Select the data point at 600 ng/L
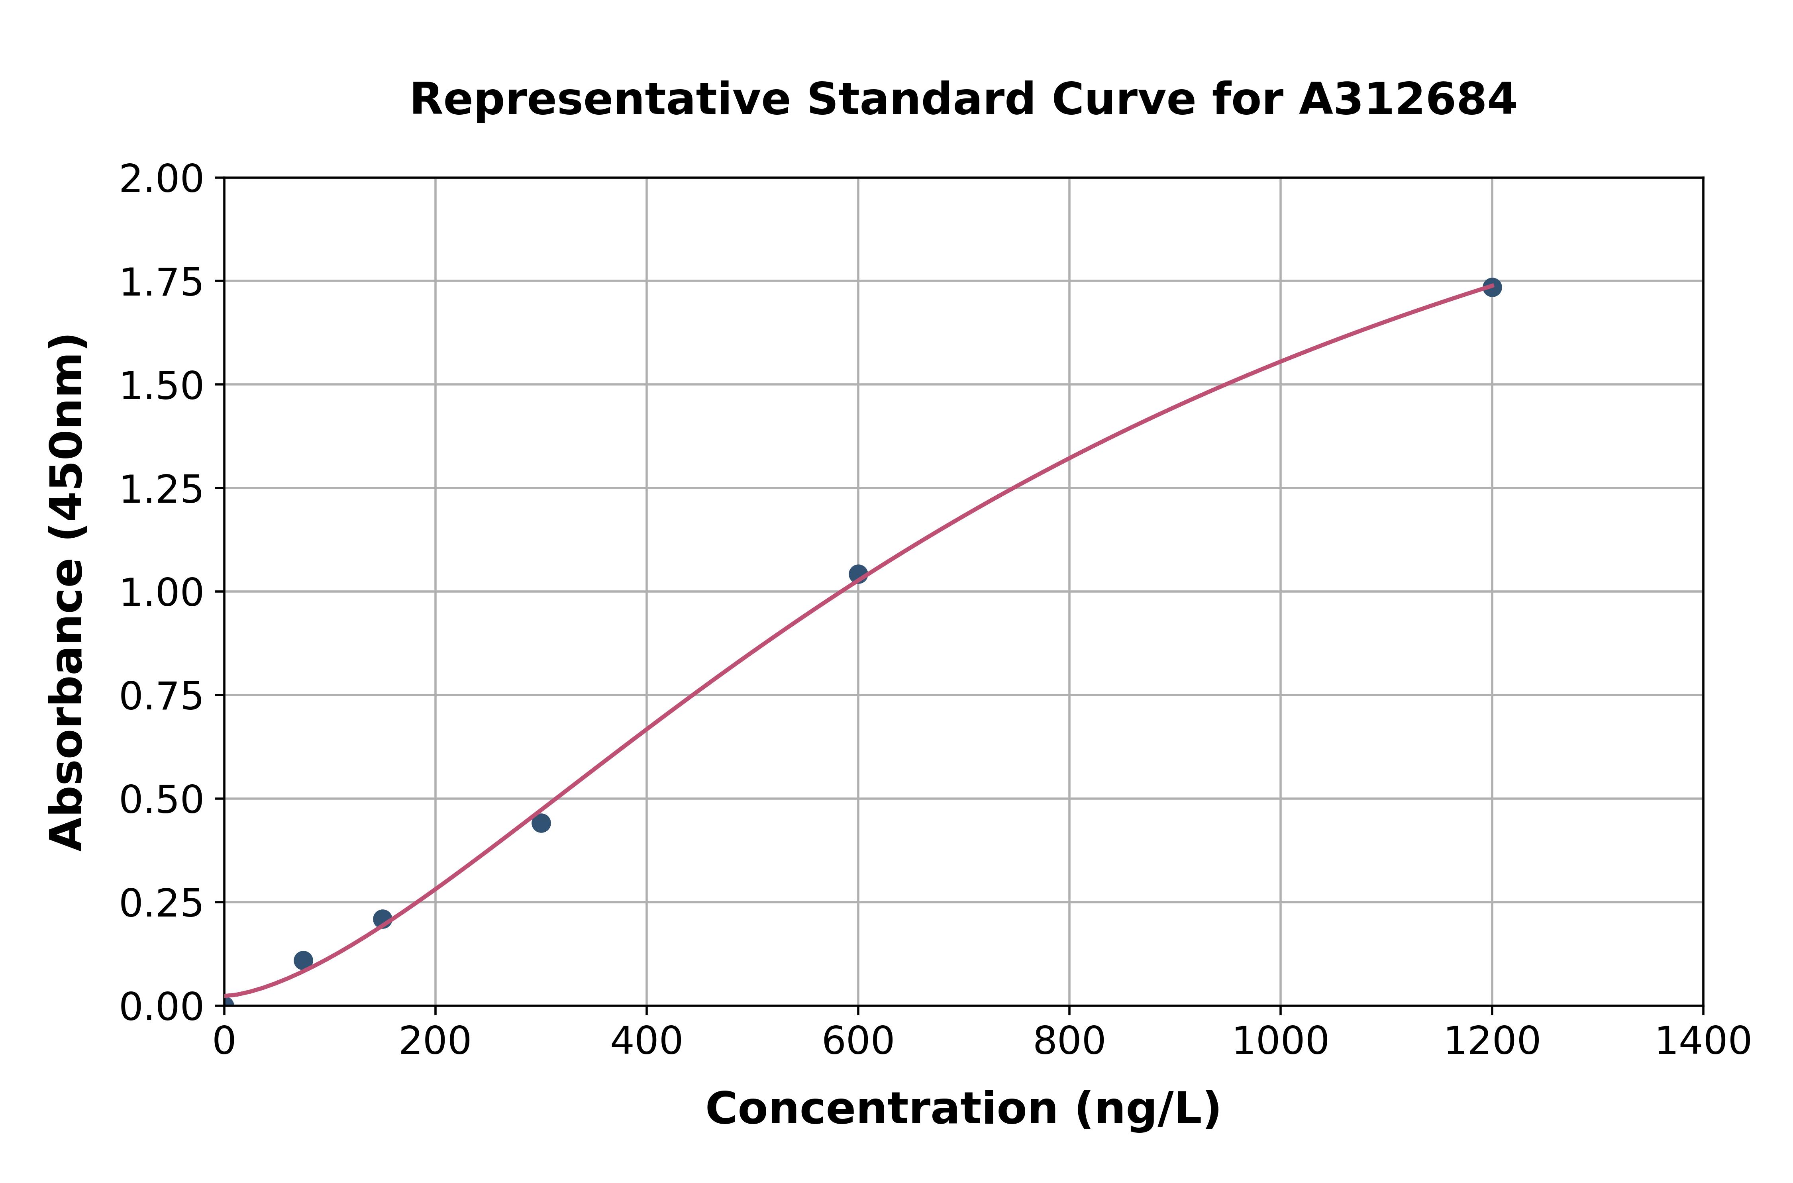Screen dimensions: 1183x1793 (x=858, y=574)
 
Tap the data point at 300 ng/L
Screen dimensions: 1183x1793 (x=541, y=823)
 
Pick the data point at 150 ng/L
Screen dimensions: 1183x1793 (x=383, y=919)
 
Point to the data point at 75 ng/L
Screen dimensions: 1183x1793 (x=303, y=960)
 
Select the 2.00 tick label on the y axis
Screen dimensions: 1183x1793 (x=161, y=180)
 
